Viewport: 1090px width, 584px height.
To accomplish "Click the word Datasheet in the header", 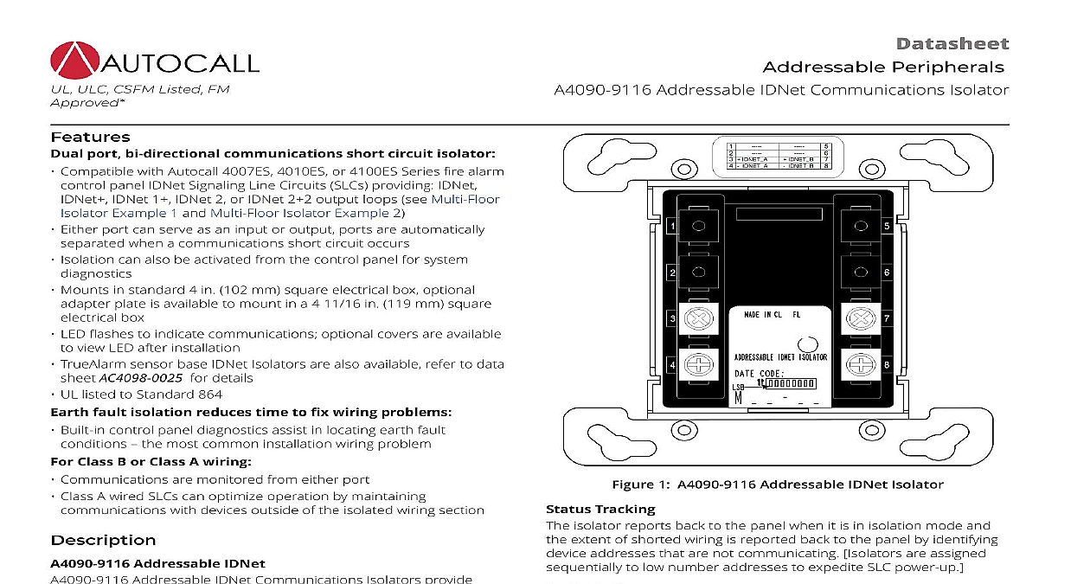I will point(952,44).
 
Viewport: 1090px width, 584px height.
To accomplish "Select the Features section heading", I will point(90,137).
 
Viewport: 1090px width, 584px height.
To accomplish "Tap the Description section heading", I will point(103,540).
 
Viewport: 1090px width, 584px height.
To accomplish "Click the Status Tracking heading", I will point(600,509).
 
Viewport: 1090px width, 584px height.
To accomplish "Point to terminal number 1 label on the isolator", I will point(672,226).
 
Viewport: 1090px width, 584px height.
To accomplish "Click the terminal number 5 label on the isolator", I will point(887,226).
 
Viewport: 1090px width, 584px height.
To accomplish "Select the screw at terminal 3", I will point(697,319).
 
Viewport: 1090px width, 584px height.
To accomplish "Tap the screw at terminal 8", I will point(860,365).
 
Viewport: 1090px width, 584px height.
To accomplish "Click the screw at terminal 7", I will point(860,319).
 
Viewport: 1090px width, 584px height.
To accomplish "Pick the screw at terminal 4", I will point(697,365).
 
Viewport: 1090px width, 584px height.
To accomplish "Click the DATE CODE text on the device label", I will point(760,373).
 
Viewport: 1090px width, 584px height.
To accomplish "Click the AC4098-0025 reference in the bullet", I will point(140,378).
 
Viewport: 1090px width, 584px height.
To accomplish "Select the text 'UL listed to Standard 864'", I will point(141,395).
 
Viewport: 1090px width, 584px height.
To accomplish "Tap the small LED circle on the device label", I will point(805,343).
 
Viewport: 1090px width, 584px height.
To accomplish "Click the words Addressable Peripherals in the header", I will point(883,67).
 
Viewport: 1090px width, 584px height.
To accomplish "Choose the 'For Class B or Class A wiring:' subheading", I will point(151,461).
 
